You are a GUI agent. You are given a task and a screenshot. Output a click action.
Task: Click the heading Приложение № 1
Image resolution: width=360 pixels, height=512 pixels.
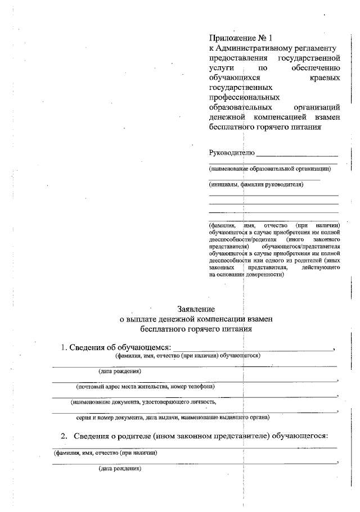pyautogui.click(x=240, y=38)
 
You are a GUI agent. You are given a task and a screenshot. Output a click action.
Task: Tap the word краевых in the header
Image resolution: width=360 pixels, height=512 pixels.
pyautogui.click(x=325, y=78)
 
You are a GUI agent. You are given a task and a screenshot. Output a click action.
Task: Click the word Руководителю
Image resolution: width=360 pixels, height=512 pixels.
pyautogui.click(x=232, y=152)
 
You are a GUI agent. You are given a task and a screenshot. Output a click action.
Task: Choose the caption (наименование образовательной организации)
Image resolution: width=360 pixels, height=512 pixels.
pyautogui.click(x=269, y=168)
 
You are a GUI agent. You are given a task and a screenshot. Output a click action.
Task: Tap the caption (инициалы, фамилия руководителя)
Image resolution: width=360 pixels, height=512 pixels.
pyautogui.click(x=256, y=184)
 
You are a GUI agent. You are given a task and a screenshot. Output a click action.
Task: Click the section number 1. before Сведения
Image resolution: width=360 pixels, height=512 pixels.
pyautogui.click(x=64, y=347)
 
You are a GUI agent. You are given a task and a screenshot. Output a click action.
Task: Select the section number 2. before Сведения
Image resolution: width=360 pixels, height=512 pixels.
pyautogui.click(x=64, y=436)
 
